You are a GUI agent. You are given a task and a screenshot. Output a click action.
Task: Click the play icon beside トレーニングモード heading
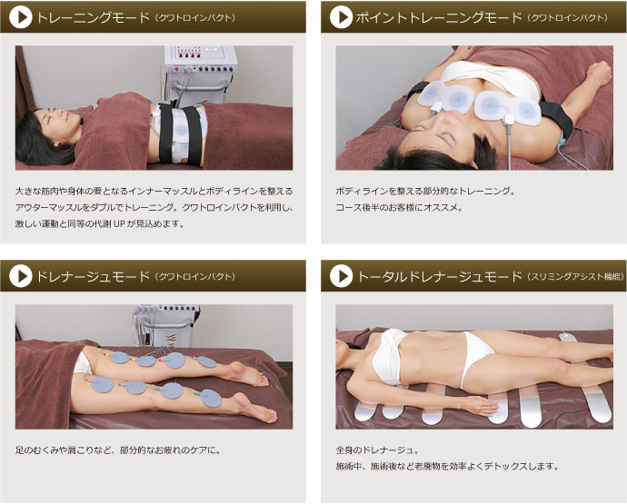click(x=20, y=17)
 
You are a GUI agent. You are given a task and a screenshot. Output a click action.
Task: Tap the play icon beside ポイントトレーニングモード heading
click(x=341, y=17)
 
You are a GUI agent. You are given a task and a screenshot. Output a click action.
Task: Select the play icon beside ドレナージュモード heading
click(x=20, y=276)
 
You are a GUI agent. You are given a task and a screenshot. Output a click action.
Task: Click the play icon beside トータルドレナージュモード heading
click(x=341, y=276)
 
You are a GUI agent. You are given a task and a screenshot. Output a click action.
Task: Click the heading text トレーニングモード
click(x=93, y=17)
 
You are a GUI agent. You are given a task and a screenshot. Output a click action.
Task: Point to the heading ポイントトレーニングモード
click(x=439, y=17)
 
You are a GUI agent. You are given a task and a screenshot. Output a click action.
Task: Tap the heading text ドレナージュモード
click(x=93, y=277)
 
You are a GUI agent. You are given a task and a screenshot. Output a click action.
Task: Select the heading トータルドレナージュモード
click(x=439, y=277)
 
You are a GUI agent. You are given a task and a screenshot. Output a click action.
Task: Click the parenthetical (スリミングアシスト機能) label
click(x=575, y=277)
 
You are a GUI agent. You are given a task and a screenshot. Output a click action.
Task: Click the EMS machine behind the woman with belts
click(x=200, y=76)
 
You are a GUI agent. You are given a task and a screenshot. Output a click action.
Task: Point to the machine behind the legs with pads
click(x=167, y=326)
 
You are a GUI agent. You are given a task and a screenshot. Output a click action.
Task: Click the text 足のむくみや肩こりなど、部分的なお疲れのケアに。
click(x=118, y=450)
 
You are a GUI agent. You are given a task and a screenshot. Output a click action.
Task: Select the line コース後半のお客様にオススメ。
click(x=399, y=207)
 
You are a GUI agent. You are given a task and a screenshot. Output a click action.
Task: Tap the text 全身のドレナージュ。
click(x=377, y=450)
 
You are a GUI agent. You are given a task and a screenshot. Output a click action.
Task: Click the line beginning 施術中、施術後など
click(x=447, y=467)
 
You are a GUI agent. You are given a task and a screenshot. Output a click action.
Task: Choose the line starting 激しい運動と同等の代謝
click(x=100, y=223)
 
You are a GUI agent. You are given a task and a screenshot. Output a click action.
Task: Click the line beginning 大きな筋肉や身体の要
click(x=154, y=191)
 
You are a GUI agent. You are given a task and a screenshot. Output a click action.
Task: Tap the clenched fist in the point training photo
click(x=600, y=73)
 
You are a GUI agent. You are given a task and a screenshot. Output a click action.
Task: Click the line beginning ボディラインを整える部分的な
click(x=425, y=191)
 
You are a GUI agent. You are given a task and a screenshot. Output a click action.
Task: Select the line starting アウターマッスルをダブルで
click(x=154, y=207)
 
